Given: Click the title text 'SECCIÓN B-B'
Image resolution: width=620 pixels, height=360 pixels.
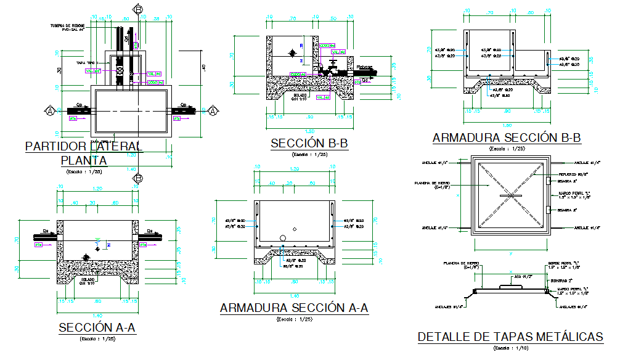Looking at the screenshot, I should (x=309, y=144).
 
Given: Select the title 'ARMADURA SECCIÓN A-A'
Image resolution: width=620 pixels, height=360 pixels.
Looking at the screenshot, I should (x=294, y=308).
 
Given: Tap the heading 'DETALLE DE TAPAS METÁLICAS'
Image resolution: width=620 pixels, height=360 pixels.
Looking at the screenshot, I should (x=510, y=337).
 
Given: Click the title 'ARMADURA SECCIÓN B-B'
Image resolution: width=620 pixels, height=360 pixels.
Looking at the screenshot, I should (x=507, y=138).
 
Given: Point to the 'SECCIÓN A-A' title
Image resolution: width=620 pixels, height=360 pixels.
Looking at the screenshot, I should (x=97, y=328).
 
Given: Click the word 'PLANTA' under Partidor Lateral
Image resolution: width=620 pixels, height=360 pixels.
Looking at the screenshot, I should (x=84, y=161).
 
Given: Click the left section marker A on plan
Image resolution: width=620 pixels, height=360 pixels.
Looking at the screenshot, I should (x=49, y=111).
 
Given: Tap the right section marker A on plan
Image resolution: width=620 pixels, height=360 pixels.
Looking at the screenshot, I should (x=213, y=111).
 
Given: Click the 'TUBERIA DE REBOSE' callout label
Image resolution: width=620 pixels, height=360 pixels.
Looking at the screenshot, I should (x=70, y=25).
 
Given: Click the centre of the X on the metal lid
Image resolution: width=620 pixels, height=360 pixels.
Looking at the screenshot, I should (x=510, y=195).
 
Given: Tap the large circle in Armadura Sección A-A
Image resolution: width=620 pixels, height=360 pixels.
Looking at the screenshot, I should (x=283, y=237).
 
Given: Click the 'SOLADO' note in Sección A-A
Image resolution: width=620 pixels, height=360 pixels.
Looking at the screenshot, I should (x=87, y=279).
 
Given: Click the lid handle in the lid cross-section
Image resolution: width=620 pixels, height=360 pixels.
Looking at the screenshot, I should (x=510, y=285).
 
